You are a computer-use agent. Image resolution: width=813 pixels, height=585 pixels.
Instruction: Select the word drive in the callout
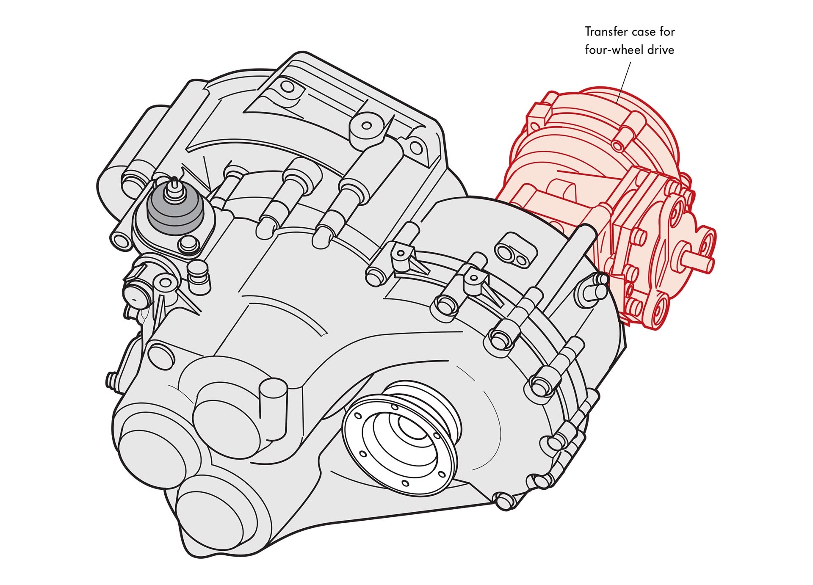(x=661, y=50)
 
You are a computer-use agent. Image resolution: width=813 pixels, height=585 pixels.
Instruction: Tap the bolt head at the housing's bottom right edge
(x=504, y=500)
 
